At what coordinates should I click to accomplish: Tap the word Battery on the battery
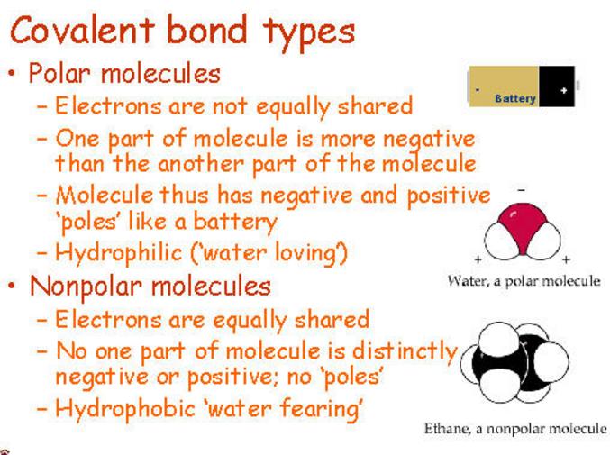[x=515, y=98]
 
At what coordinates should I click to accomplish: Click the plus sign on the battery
[x=564, y=91]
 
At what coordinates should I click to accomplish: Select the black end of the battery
[x=557, y=86]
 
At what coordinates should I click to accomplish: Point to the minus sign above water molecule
[x=522, y=190]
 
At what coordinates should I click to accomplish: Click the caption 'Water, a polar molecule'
[x=524, y=281]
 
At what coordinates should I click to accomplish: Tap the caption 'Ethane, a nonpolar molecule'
[x=515, y=429]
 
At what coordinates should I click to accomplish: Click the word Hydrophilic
[x=119, y=252]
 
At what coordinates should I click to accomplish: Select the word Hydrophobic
[x=125, y=408]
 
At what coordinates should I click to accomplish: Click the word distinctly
[x=405, y=350]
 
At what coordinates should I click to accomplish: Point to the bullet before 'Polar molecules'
[x=13, y=73]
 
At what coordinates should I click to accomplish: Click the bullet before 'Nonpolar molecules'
[x=13, y=286]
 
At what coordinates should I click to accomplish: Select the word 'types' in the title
[x=309, y=32]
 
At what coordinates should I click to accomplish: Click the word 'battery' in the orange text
[x=235, y=223]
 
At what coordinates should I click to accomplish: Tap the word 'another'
[x=201, y=164]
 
